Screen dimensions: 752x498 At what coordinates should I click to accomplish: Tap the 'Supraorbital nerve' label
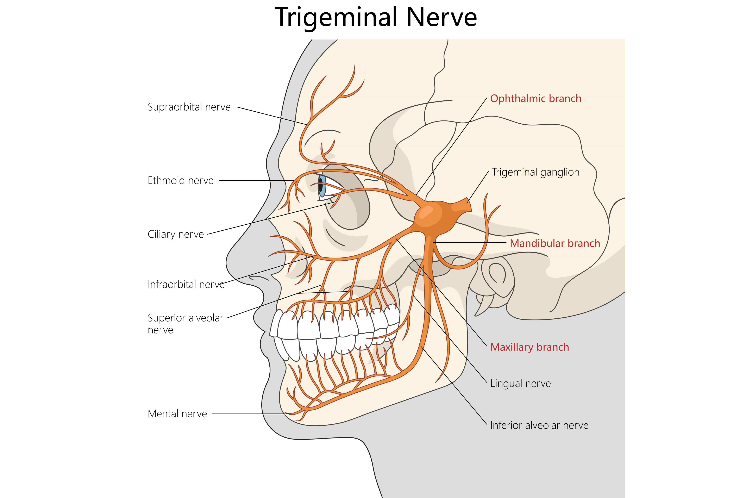tap(189, 107)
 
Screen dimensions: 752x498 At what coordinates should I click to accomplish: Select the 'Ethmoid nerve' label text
tap(181, 180)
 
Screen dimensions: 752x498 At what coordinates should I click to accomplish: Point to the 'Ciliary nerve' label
tap(176, 234)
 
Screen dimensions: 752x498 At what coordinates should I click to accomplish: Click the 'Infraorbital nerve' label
tap(186, 284)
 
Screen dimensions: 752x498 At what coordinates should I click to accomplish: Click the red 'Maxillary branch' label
tap(529, 347)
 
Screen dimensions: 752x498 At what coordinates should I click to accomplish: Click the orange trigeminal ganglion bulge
tap(435, 216)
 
